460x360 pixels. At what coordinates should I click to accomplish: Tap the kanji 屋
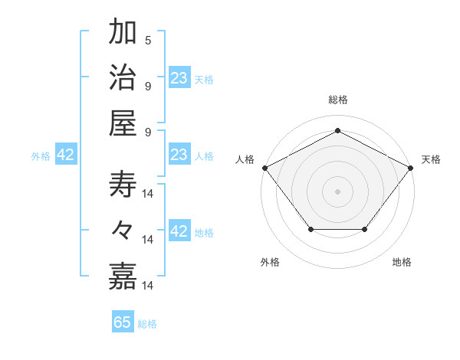click(123, 123)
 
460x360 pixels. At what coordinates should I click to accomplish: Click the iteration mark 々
click(123, 230)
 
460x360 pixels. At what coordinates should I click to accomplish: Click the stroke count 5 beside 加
click(148, 41)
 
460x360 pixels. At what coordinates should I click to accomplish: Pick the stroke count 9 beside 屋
click(148, 131)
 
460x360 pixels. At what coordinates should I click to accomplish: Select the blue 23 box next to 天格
click(179, 77)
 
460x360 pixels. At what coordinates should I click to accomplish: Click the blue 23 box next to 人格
click(179, 155)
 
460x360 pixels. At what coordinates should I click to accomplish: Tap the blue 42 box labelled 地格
click(179, 231)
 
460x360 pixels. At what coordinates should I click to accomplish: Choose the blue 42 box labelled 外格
click(66, 155)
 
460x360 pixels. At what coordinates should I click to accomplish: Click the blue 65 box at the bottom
click(123, 322)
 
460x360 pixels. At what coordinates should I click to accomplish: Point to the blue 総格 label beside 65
click(148, 323)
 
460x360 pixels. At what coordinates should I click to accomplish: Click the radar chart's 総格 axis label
click(337, 100)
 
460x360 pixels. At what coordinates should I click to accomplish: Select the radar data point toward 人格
click(264, 167)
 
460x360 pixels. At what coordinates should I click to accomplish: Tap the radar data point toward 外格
click(310, 229)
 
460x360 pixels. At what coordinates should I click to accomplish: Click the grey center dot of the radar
click(337, 191)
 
